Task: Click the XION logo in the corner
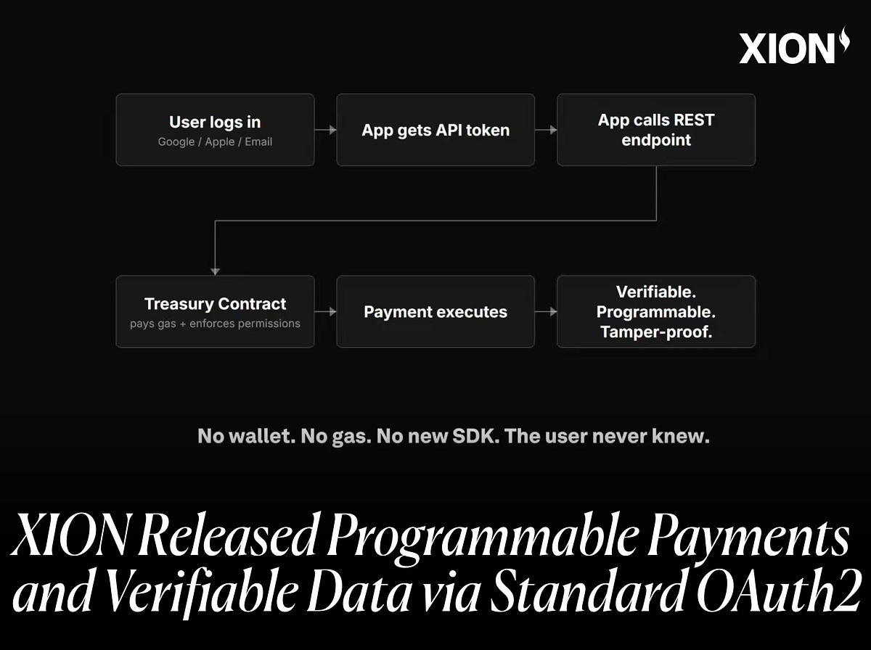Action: pyautogui.click(x=794, y=46)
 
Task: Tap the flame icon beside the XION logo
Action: pyautogui.click(x=844, y=39)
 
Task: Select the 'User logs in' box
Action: pyautogui.click(x=215, y=130)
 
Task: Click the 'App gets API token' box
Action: pyautogui.click(x=435, y=130)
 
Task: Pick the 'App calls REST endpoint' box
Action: pyautogui.click(x=656, y=130)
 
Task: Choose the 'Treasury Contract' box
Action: pyautogui.click(x=215, y=312)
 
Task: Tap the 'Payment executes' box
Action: pyautogui.click(x=435, y=312)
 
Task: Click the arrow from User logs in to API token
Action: pyautogui.click(x=325, y=130)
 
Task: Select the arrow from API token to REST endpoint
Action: pyautogui.click(x=546, y=130)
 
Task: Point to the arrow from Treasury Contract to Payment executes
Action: pyautogui.click(x=325, y=312)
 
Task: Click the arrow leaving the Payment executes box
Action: pyautogui.click(x=546, y=312)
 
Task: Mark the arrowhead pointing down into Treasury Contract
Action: pyautogui.click(x=215, y=271)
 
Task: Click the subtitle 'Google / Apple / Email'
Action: pyautogui.click(x=215, y=141)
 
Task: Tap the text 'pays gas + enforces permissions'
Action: pyautogui.click(x=215, y=324)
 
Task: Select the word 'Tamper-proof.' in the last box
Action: pyautogui.click(x=656, y=332)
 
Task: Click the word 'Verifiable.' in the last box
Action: pyautogui.click(x=656, y=292)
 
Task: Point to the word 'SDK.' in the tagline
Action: pyautogui.click(x=475, y=436)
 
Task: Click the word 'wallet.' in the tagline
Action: pyautogui.click(x=262, y=436)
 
